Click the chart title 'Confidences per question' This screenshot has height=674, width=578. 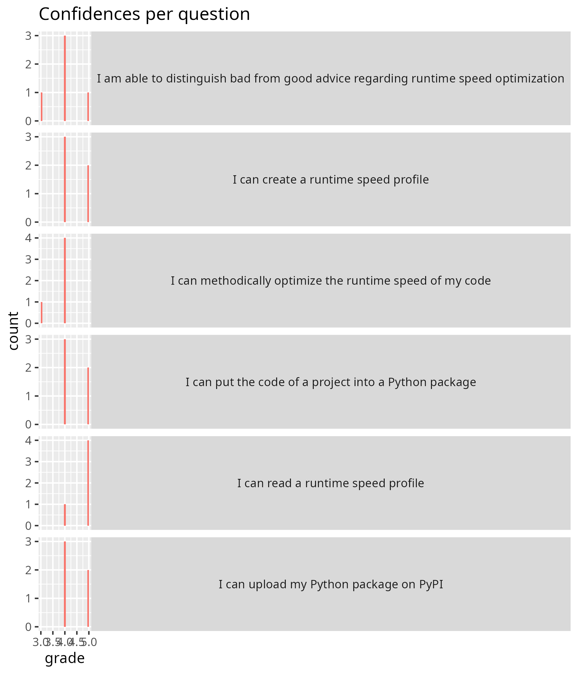click(x=144, y=14)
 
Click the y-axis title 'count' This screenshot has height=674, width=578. click(x=13, y=331)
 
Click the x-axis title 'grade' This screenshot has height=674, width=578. click(x=65, y=658)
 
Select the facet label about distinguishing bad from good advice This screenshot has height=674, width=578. click(x=330, y=78)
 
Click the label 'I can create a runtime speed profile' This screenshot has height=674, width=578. click(x=330, y=179)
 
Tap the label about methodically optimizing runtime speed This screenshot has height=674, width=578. click(x=330, y=281)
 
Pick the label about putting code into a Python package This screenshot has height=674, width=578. click(x=330, y=382)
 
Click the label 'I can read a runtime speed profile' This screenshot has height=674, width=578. click(x=330, y=483)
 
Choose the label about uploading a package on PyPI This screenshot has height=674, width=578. click(x=330, y=584)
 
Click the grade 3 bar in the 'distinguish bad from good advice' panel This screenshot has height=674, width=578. click(x=42, y=107)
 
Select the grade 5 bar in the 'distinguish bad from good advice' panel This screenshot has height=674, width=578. click(x=88, y=107)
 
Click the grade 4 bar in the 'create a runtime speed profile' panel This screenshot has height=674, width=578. click(x=65, y=179)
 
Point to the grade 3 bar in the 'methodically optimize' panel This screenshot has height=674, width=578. click(x=42, y=313)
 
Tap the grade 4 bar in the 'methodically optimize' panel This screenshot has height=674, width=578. click(x=65, y=281)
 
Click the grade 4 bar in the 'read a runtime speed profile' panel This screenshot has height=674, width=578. click(x=65, y=515)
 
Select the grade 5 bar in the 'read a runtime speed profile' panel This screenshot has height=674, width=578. click(x=88, y=483)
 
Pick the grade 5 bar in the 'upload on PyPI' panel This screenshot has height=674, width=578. click(x=88, y=599)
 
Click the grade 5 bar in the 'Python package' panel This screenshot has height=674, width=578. click(x=88, y=396)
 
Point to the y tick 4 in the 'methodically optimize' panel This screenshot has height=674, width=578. click(x=29, y=238)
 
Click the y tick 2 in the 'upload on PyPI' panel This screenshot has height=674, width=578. click(x=29, y=570)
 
